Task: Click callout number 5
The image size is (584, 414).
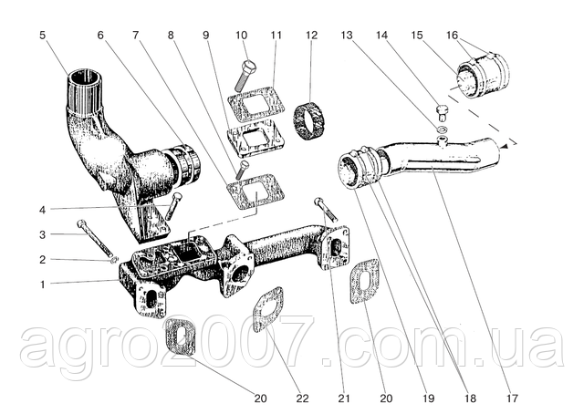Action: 43,37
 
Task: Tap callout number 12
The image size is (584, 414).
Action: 311,37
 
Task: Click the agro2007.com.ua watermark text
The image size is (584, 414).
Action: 292,347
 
